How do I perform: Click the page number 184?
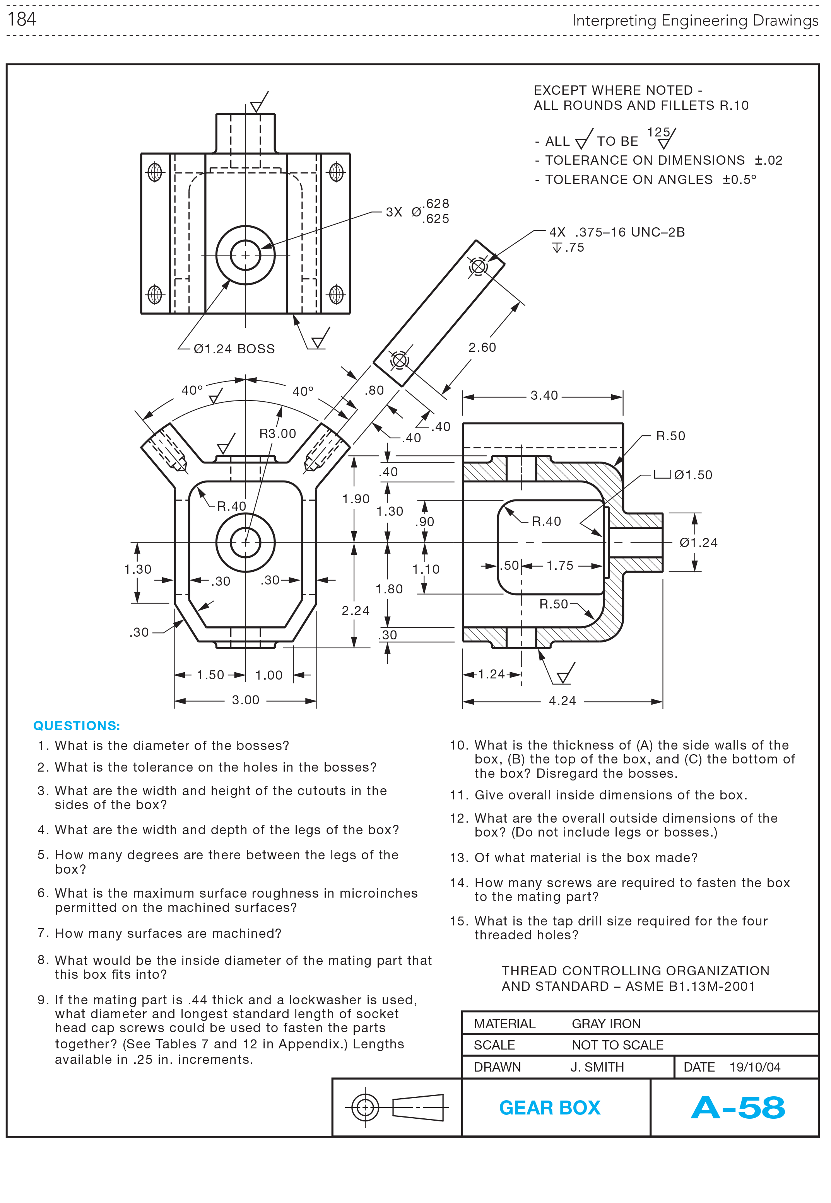coord(22,19)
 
